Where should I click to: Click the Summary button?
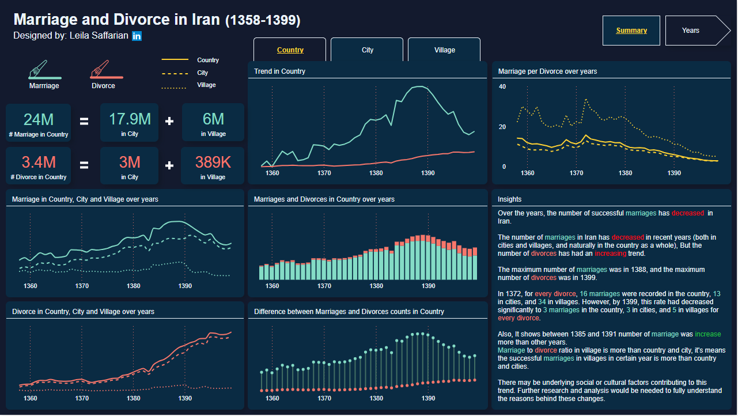(631, 31)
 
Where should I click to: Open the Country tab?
(290, 50)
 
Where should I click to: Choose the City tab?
(368, 50)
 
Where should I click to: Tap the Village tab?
(444, 50)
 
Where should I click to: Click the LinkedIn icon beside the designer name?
(137, 36)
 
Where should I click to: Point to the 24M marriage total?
(38, 119)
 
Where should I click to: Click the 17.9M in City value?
(130, 119)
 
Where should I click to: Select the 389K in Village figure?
(213, 162)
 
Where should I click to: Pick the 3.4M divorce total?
(38, 162)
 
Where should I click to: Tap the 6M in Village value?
(213, 119)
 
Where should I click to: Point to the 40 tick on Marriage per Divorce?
(502, 86)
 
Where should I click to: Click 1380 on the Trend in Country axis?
(376, 173)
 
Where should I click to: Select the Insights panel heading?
(509, 199)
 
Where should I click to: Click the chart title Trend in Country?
(279, 71)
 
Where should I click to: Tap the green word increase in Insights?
(707, 334)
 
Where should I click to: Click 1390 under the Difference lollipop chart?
(427, 398)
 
